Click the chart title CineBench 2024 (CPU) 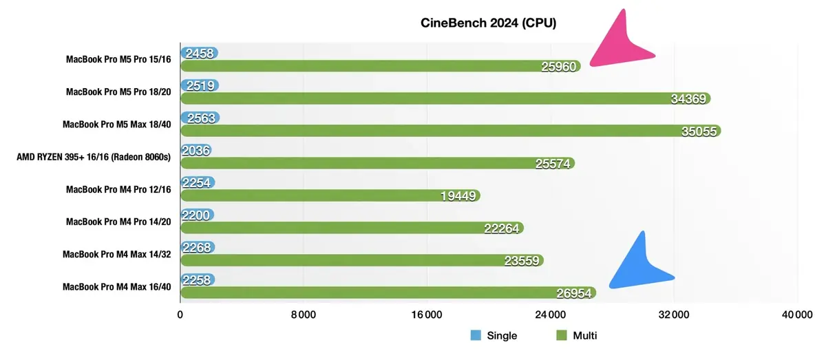tap(488, 23)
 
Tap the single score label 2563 tap(200, 118)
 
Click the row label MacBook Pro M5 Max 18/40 tap(116, 125)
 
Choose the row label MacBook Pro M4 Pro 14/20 tap(118, 222)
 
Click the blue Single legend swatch tap(476, 336)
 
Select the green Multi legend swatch tap(561, 336)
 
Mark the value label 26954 tap(573, 293)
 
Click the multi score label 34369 tap(688, 99)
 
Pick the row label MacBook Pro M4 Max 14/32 tap(116, 254)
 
